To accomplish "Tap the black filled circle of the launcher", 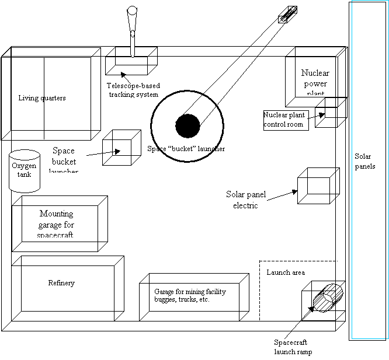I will point(187,125).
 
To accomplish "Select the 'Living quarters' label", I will point(42,98).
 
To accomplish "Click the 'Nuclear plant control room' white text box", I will point(286,120).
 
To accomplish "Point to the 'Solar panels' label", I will point(365,162).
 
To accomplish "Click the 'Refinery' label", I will point(61,283).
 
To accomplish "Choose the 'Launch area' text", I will point(286,272).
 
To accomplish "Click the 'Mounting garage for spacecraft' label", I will point(57,225).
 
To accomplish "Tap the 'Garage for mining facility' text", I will point(190,295).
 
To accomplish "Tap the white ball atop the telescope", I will point(132,10).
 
